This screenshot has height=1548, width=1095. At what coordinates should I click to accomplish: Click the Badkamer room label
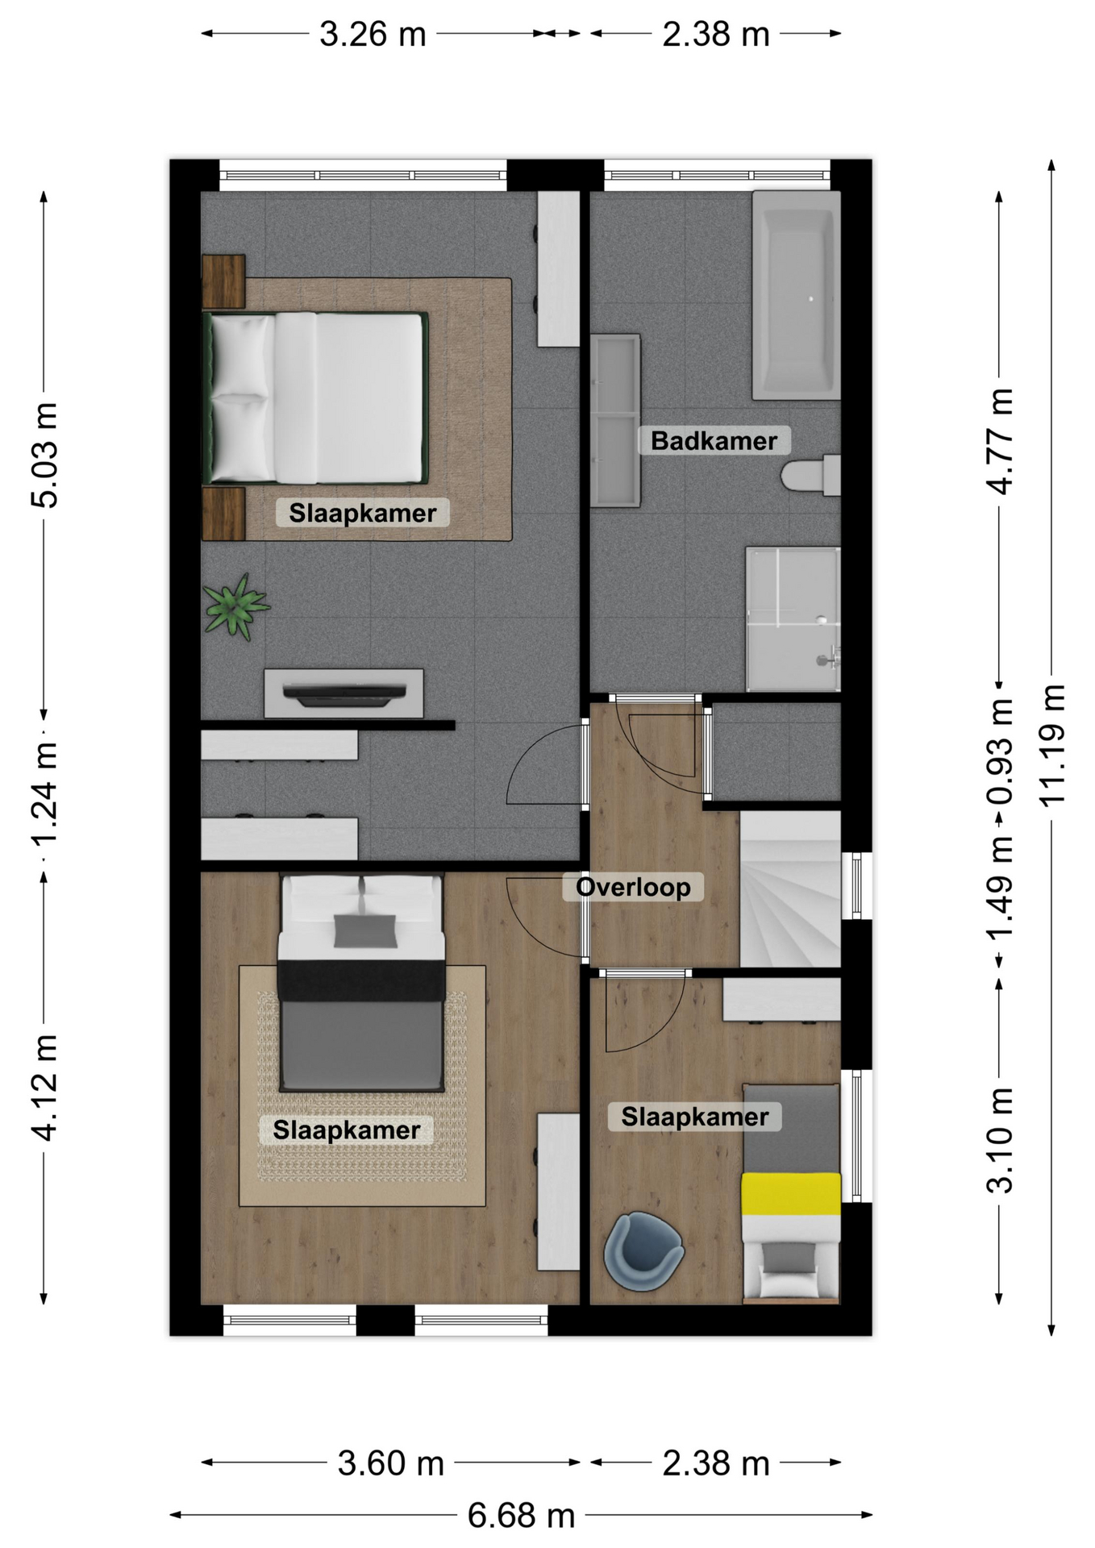pyautogui.click(x=714, y=441)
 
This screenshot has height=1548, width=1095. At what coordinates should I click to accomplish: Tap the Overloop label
pyautogui.click(x=633, y=887)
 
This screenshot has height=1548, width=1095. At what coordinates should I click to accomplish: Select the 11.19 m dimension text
pyautogui.click(x=1052, y=745)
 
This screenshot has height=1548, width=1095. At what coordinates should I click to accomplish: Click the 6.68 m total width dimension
pyautogui.click(x=521, y=1516)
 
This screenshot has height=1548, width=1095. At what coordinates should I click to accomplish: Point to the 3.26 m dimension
pyautogui.click(x=373, y=34)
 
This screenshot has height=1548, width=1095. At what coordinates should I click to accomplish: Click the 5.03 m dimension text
pyautogui.click(x=44, y=455)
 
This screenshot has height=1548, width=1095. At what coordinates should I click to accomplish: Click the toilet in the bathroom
pyautogui.click(x=810, y=475)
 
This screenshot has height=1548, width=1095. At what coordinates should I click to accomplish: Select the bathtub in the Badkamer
pyautogui.click(x=796, y=295)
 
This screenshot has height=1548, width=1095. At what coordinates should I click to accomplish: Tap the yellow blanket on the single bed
pyautogui.click(x=791, y=1193)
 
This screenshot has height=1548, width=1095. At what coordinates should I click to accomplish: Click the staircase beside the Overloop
pyautogui.click(x=790, y=888)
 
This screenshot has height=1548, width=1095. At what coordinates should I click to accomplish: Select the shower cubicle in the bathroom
pyautogui.click(x=793, y=619)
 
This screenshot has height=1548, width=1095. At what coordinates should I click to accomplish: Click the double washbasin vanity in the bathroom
pyautogui.click(x=615, y=421)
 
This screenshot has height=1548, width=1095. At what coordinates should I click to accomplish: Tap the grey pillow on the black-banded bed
pyautogui.click(x=365, y=931)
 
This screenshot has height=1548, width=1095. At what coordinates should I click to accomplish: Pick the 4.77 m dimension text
pyautogui.click(x=1000, y=441)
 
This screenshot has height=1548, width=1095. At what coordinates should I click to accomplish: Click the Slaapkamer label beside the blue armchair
pyautogui.click(x=694, y=1117)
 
